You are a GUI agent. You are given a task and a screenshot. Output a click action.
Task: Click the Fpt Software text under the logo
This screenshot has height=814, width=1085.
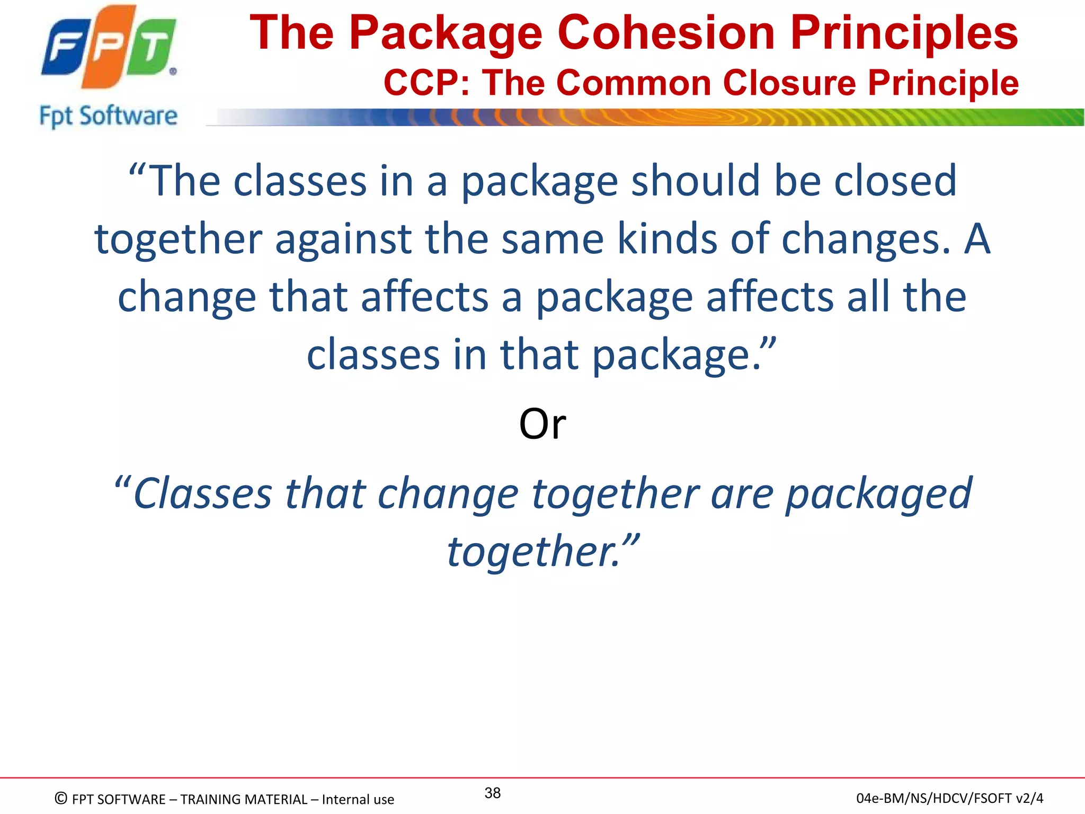point(108,116)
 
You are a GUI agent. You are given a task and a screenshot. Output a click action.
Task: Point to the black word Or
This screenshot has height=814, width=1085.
point(542,424)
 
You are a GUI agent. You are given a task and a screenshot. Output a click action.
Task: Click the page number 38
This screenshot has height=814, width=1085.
point(492,793)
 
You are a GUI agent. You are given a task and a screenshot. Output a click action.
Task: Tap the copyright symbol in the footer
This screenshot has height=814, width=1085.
point(61,799)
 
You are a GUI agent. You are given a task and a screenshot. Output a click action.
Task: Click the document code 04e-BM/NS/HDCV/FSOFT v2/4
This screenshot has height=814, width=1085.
point(949,798)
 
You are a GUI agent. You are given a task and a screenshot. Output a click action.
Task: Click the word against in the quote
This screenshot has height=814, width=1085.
point(343,240)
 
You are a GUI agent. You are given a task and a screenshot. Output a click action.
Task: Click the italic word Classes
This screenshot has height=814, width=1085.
point(202,494)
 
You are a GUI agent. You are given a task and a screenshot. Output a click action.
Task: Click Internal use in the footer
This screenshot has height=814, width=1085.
point(358,799)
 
